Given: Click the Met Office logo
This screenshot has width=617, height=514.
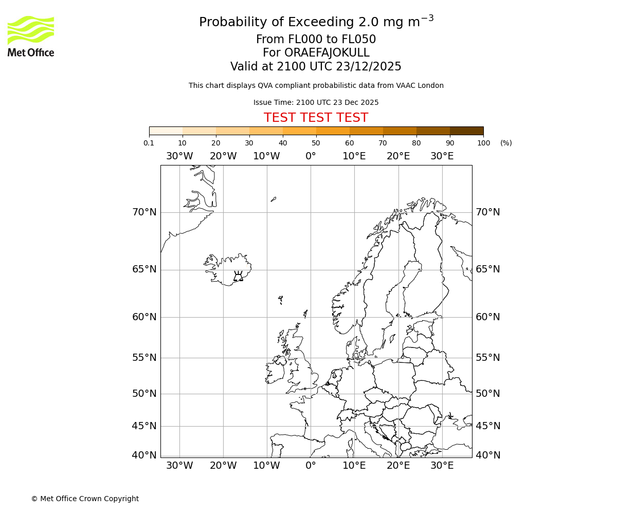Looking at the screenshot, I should point(31,36).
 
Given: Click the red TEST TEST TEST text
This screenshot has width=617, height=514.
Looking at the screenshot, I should point(316,118).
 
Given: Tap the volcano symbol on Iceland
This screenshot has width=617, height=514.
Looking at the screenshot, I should point(238,277).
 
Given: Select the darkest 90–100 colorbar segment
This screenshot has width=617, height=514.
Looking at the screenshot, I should point(466,131).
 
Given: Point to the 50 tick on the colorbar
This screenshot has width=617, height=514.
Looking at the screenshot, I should point(316,143).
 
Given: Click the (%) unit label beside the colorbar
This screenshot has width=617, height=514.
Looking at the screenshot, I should point(506,143).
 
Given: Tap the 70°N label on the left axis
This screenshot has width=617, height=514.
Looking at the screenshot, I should point(144,212).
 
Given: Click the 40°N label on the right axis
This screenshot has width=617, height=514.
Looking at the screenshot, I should point(487,455).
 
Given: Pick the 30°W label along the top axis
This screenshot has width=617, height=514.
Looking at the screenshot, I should point(179,156).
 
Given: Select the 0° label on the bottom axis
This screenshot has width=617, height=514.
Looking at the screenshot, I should point(311,466).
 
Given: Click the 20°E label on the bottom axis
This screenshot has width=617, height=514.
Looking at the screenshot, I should point(398,466).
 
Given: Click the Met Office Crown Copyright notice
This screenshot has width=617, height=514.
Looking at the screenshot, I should point(85,499).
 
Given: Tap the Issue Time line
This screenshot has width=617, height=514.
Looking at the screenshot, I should point(316,102).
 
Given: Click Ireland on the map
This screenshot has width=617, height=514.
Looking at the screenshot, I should point(275,372).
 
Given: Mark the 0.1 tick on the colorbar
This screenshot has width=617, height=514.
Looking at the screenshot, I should point(149,143).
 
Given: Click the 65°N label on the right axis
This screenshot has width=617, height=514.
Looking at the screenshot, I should point(487,269).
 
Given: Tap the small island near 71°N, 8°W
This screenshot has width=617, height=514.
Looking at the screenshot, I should point(274,199).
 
